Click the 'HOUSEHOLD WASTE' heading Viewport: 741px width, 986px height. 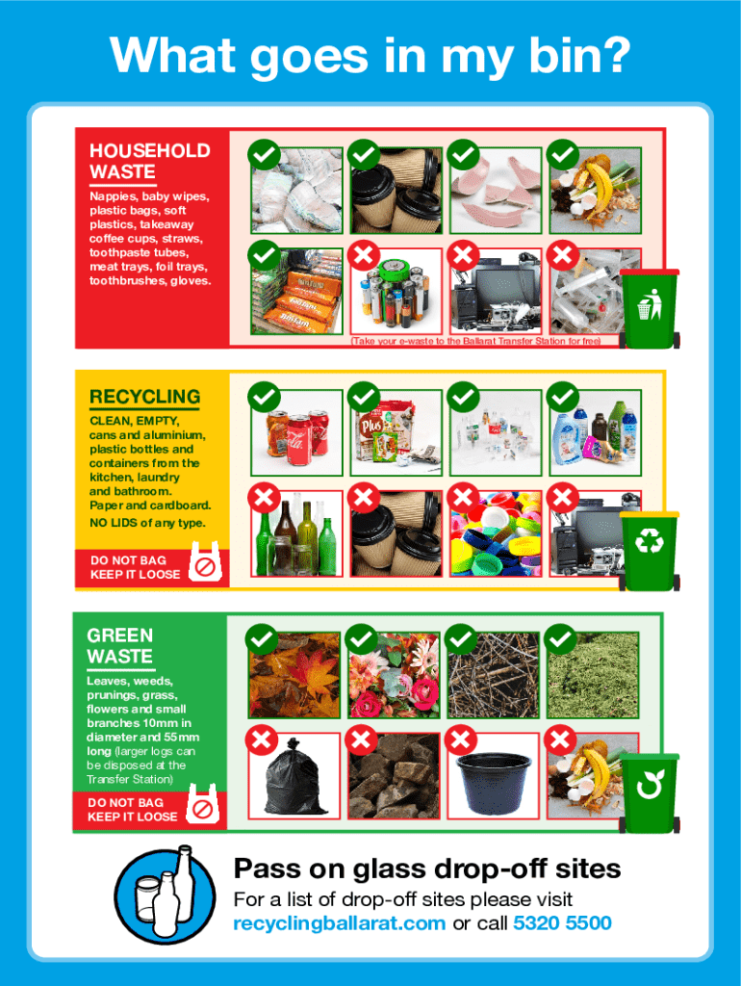149,161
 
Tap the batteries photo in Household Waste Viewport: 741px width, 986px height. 396,291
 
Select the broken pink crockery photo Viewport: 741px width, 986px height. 496,191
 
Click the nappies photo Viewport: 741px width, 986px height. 296,191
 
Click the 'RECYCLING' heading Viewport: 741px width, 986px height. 144,397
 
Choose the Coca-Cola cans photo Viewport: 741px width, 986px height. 296,432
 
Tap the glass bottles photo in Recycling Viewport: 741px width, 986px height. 296,533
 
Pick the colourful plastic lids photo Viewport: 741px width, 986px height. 496,533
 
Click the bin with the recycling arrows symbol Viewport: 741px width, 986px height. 650,551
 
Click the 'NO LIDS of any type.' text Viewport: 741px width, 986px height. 147,523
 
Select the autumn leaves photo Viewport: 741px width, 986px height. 294,675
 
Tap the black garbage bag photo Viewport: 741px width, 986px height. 294,776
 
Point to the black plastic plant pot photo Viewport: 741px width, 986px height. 494,776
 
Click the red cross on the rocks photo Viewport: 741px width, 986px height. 362,740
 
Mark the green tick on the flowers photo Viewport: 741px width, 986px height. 362,640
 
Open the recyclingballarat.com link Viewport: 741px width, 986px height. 340,923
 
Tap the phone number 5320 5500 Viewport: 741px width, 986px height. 563,923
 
